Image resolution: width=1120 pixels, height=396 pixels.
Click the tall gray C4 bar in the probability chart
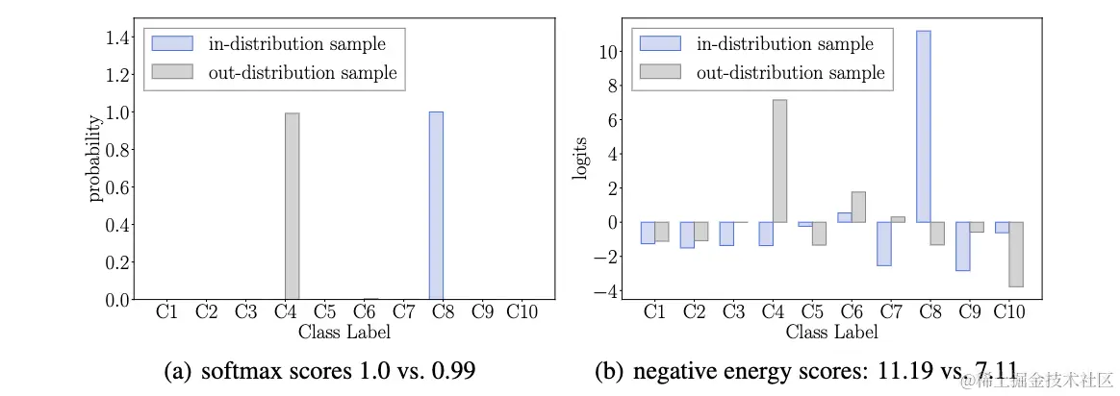[x=293, y=206]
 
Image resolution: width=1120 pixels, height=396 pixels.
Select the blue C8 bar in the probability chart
[x=436, y=206]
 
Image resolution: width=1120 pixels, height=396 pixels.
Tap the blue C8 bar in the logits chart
[x=923, y=126]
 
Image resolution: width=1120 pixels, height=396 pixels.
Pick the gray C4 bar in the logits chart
[x=779, y=161]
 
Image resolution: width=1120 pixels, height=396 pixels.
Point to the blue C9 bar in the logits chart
[x=963, y=246]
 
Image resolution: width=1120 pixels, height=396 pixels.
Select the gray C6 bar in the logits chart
[x=858, y=207]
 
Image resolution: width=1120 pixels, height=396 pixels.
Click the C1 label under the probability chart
[x=166, y=312]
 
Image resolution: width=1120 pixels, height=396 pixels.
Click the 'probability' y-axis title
[x=95, y=159]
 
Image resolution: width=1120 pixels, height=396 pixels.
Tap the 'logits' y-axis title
[x=581, y=159]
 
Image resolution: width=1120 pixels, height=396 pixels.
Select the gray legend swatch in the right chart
[x=660, y=72]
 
